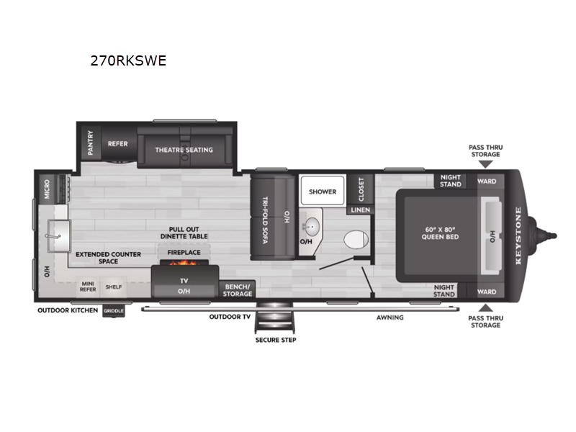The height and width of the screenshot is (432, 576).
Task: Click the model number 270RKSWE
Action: click(128, 60)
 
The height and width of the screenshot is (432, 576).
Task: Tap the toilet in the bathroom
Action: click(356, 240)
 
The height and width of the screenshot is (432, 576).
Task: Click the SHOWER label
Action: click(323, 192)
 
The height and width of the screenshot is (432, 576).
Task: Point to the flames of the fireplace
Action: click(184, 263)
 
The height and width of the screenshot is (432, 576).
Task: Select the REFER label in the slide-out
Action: click(117, 144)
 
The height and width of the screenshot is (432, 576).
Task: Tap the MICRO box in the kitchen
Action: click(47, 189)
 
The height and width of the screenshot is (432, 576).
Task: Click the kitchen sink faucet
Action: click(53, 236)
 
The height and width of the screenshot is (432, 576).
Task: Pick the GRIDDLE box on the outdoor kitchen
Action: click(114, 311)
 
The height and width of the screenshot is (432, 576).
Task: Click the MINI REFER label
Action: click(88, 287)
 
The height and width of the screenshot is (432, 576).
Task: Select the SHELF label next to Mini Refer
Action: click(114, 287)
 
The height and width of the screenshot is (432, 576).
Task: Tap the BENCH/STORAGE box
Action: click(238, 290)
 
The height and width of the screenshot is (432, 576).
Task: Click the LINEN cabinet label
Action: click(361, 210)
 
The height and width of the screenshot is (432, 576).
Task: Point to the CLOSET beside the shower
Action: click(361, 189)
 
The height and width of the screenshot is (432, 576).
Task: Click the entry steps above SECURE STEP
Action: click(275, 317)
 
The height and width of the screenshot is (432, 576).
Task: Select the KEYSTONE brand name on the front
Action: click(518, 235)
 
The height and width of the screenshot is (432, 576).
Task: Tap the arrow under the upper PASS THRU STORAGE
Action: click(485, 164)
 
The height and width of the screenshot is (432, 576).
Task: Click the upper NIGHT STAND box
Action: click(451, 181)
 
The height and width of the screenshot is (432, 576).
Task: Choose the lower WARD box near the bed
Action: click(487, 292)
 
